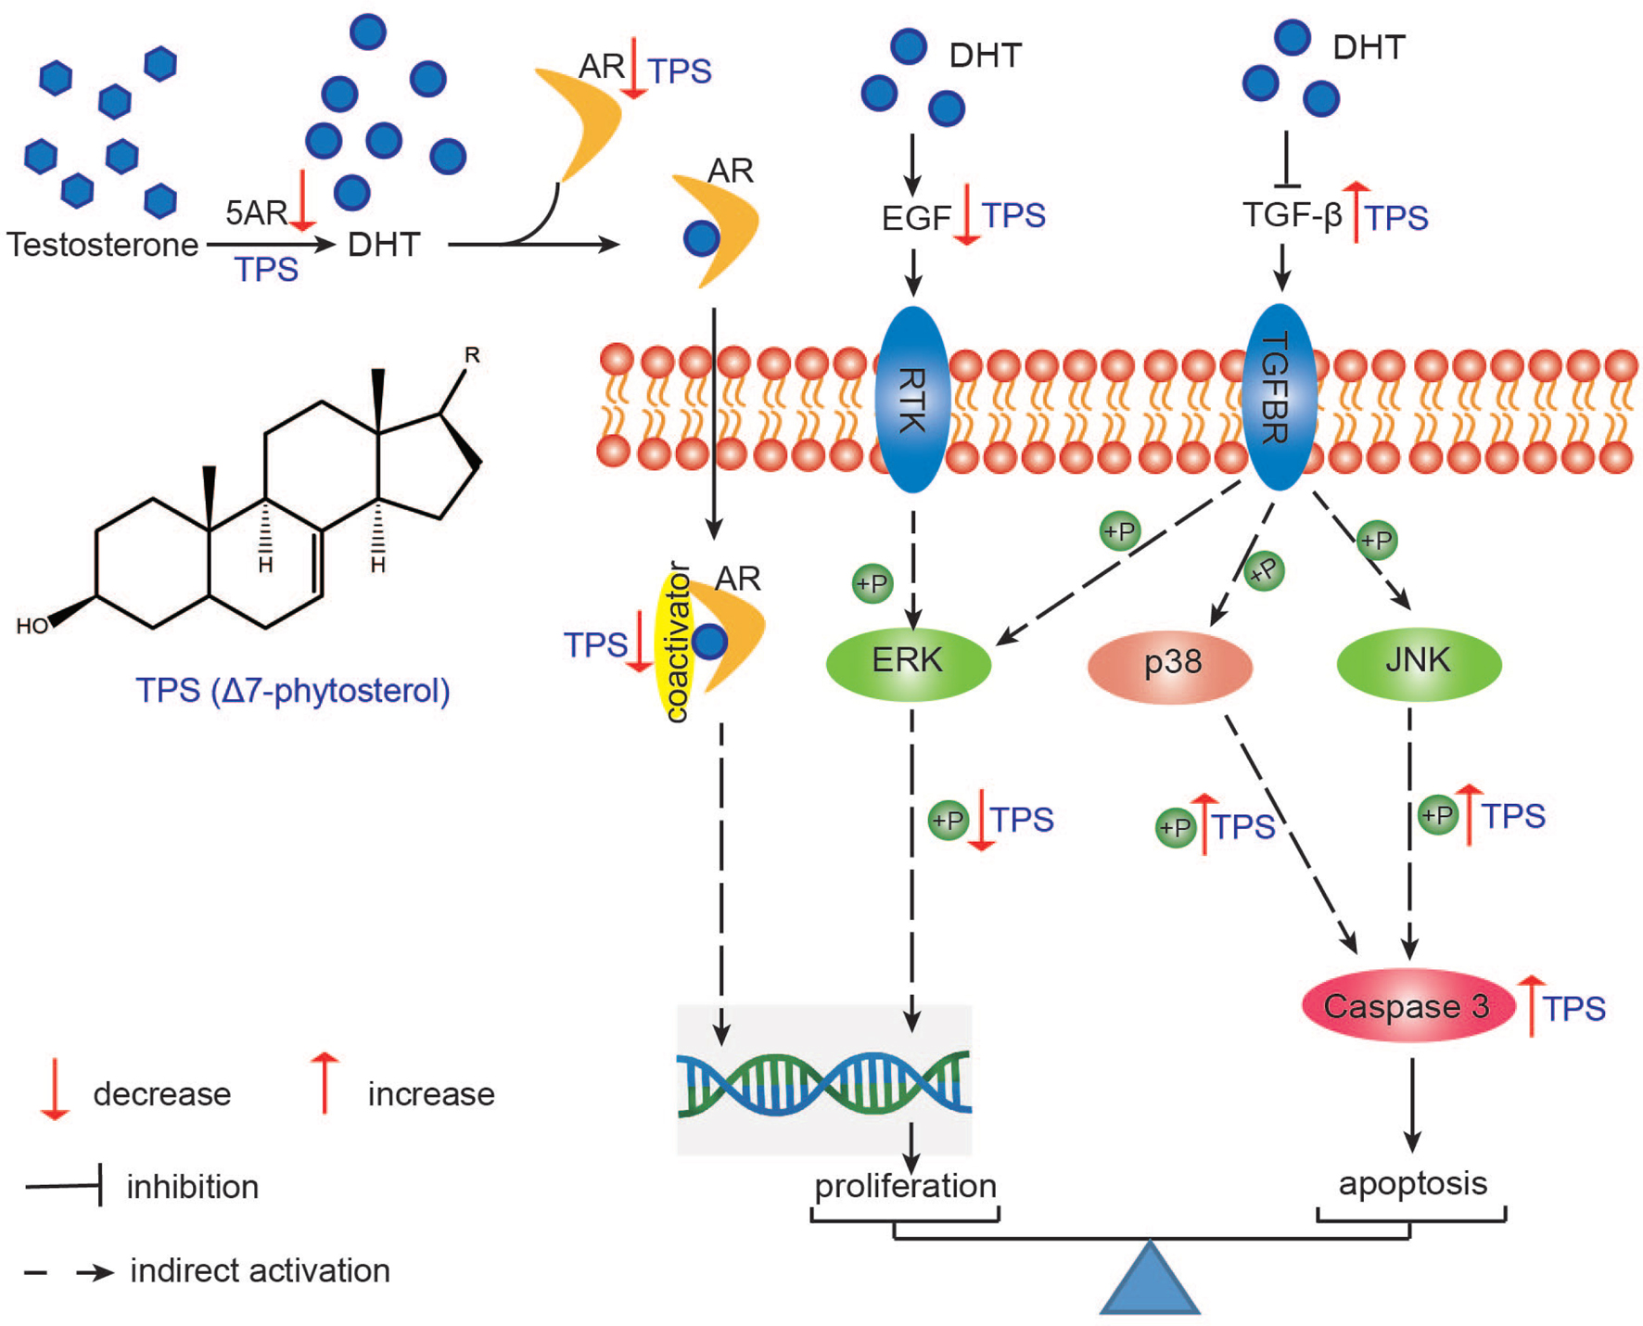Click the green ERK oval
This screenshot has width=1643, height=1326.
908,661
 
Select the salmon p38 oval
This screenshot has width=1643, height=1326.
1170,664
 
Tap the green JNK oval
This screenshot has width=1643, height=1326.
1418,661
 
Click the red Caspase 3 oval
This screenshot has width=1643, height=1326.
1407,1006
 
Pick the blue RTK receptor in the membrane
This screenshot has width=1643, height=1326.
912,399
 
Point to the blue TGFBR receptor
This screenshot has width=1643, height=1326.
1279,397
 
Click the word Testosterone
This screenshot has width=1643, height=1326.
102,245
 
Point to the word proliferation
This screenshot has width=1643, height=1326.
905,1186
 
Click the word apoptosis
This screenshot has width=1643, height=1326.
1412,1183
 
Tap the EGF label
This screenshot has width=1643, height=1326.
916,218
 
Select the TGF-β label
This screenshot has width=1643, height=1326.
1292,215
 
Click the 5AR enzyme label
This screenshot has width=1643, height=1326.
256,213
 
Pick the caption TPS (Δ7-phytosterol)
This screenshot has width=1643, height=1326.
293,691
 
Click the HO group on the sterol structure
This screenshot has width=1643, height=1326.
32,627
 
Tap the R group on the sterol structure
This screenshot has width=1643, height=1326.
472,355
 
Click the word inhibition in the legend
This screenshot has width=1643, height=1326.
192,1187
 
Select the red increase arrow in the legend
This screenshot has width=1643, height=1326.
324,1082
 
